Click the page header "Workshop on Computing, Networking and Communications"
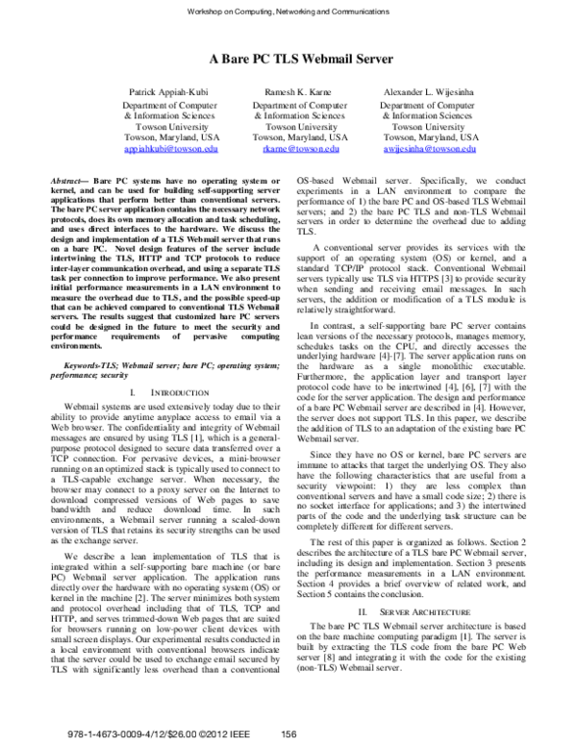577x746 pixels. (x=288, y=11)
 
